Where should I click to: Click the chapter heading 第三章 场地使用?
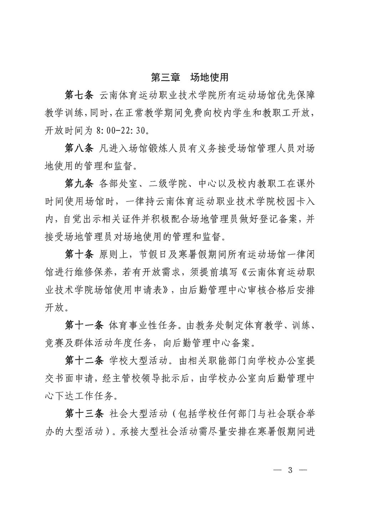pyautogui.click(x=190, y=77)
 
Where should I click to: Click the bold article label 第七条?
pyautogui.click(x=79, y=95)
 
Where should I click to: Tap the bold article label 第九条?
pyautogui.click(x=79, y=184)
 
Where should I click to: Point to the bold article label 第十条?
pyautogui.click(x=79, y=254)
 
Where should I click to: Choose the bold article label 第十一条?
pyautogui.click(x=84, y=325)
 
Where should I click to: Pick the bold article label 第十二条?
pyautogui.click(x=84, y=360)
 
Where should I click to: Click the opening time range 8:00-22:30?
pyautogui.click(x=120, y=131)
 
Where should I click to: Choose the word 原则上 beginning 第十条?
pyautogui.click(x=111, y=254)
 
